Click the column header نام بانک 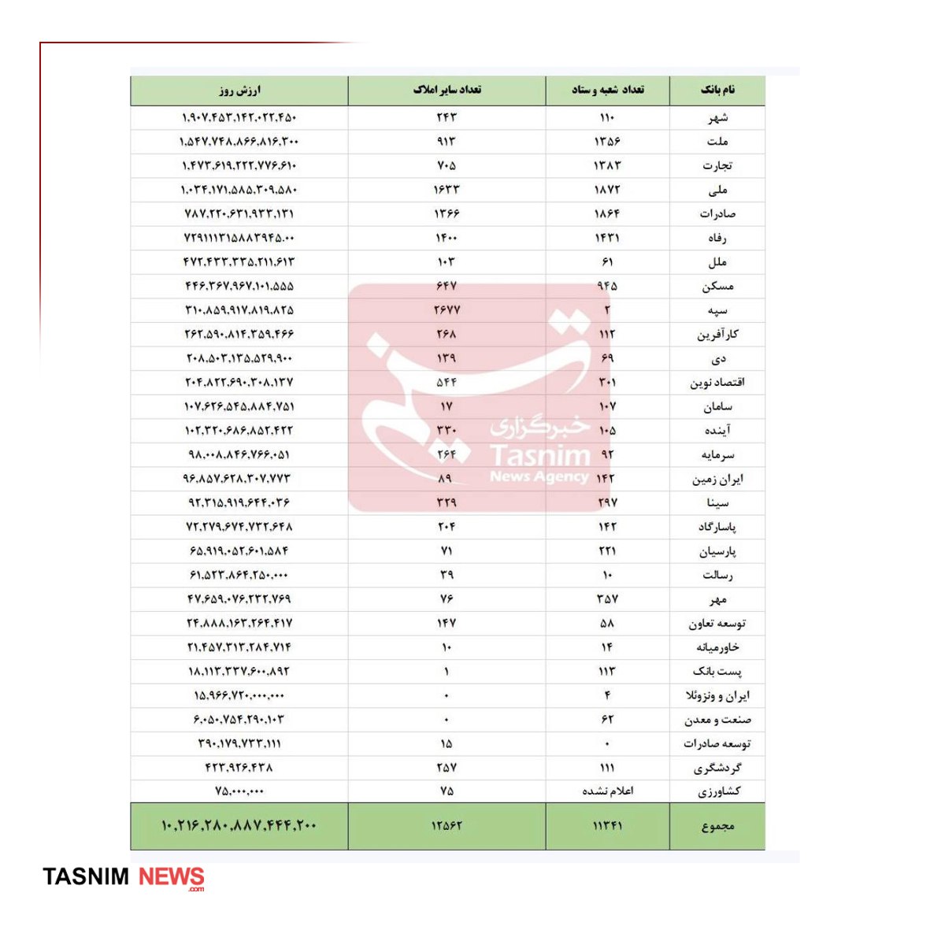click(717, 90)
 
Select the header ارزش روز click(239, 91)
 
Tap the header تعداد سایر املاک click(446, 90)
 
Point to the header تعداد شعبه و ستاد click(607, 90)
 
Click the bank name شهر click(717, 118)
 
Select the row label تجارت click(717, 166)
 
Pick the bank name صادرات click(717, 214)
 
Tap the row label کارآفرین click(717, 335)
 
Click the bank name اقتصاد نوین click(717, 383)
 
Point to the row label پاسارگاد click(717, 527)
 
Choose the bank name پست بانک click(717, 672)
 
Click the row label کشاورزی click(718, 791)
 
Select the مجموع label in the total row click(717, 826)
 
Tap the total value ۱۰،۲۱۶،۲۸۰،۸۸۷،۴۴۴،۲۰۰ click(239, 826)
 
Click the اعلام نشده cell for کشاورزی click(607, 791)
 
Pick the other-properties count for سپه click(446, 310)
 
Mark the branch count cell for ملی click(607, 190)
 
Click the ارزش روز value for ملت click(239, 142)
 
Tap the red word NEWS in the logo click(172, 877)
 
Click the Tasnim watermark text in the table click(539, 456)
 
